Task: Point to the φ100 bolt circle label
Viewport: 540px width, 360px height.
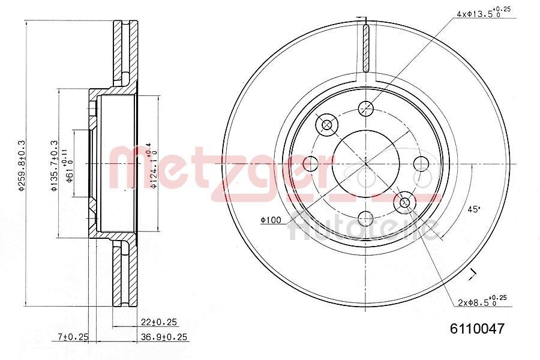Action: [271, 220]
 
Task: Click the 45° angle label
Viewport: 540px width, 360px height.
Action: [474, 209]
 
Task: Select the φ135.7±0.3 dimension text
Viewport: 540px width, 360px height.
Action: [54, 166]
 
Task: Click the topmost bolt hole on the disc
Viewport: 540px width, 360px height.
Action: [365, 109]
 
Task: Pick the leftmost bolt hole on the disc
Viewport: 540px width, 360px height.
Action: [311, 163]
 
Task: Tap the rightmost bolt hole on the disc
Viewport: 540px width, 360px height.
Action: [421, 163]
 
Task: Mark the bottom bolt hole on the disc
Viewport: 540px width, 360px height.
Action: [365, 218]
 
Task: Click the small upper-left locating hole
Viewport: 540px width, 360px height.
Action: [327, 125]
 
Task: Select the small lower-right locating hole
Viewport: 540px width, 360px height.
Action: [404, 202]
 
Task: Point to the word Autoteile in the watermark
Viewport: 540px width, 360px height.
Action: [364, 228]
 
